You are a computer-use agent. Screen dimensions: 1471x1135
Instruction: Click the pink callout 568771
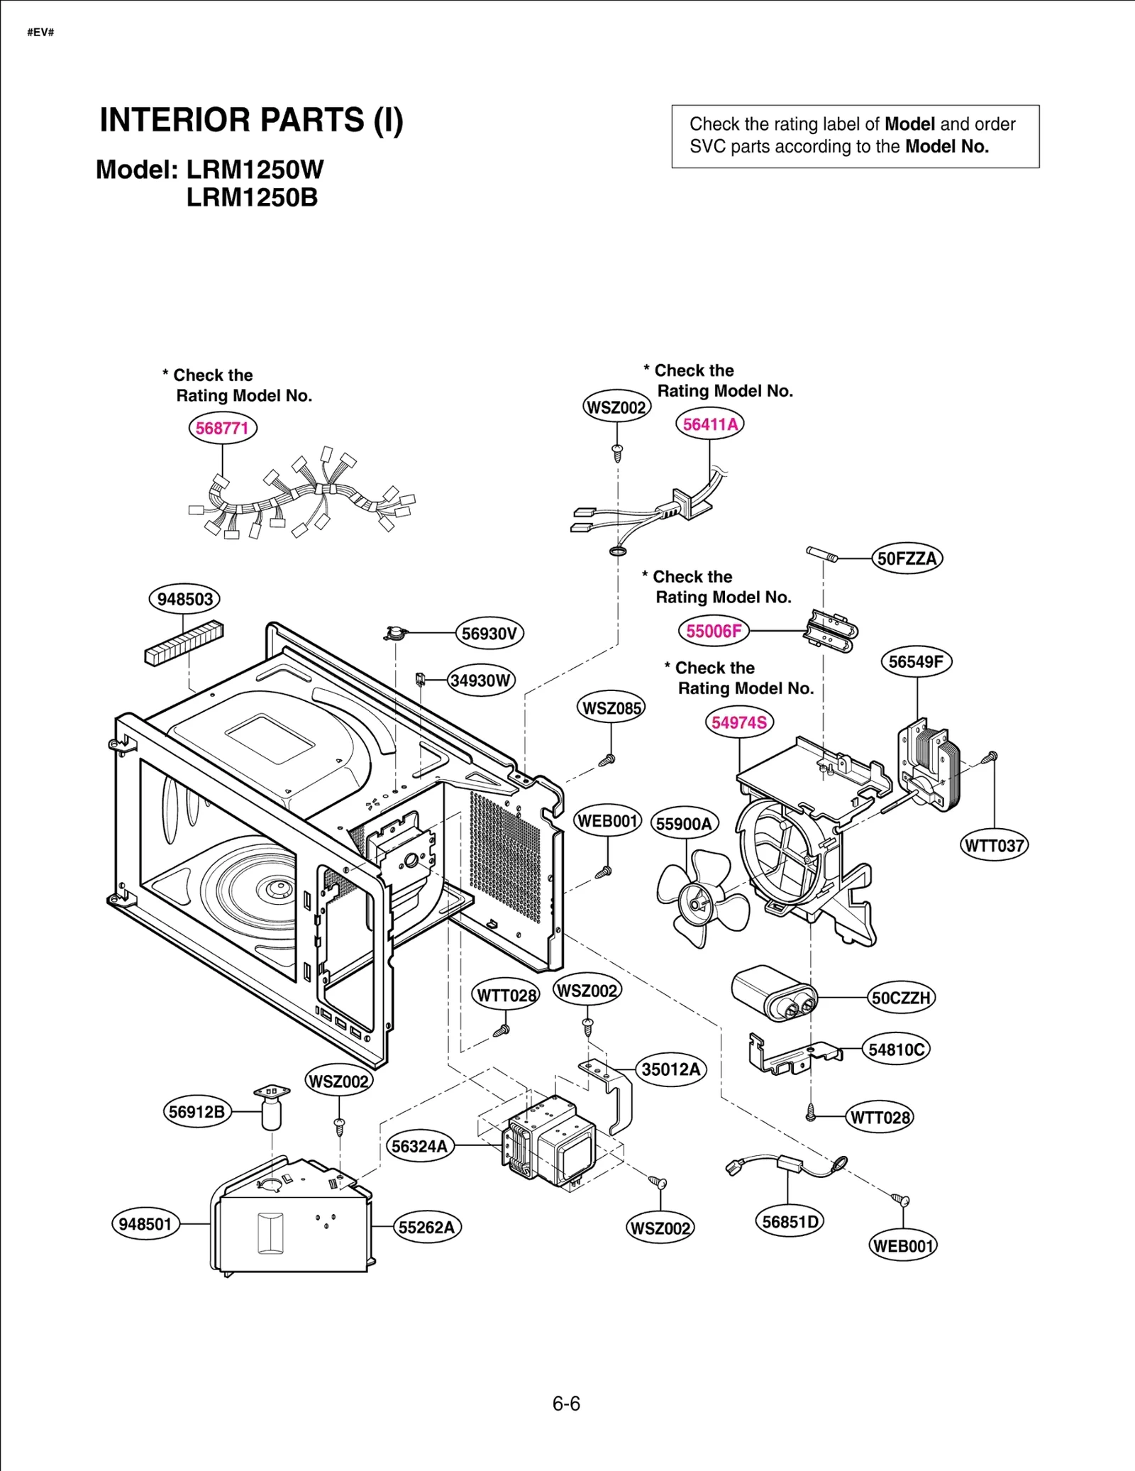point(222,428)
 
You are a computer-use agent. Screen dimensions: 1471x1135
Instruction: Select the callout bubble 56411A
point(709,424)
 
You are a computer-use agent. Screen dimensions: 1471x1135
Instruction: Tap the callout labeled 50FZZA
point(907,558)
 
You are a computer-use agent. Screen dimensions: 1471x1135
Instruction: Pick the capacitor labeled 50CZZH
point(774,993)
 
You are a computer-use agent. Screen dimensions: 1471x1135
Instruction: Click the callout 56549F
point(916,661)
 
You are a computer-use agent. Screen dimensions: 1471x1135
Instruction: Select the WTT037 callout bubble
point(994,845)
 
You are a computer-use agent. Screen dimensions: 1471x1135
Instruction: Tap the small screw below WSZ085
point(607,761)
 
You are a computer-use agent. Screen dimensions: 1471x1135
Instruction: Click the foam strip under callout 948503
point(184,643)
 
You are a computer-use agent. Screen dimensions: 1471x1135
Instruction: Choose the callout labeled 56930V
point(489,633)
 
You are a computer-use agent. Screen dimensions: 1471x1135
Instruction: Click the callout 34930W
point(481,681)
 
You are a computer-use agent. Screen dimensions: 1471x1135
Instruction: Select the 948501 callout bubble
point(145,1224)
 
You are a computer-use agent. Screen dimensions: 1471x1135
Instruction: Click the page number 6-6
point(566,1404)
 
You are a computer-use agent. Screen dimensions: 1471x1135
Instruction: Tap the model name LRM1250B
point(252,197)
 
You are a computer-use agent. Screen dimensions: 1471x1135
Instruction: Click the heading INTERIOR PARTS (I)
point(251,120)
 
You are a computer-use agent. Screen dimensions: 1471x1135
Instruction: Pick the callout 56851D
point(790,1221)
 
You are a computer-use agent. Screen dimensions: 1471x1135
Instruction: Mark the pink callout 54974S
point(739,722)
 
